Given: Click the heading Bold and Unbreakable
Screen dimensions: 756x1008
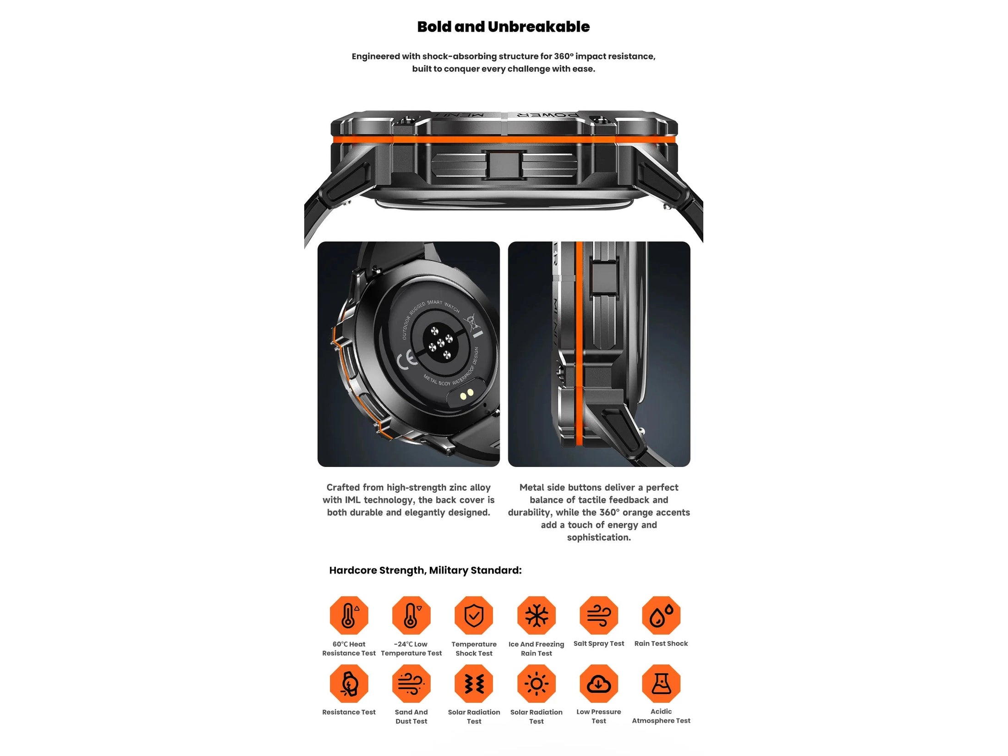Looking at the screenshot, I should click(x=503, y=27).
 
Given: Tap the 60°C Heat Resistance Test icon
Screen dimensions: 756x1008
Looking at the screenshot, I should click(x=349, y=615).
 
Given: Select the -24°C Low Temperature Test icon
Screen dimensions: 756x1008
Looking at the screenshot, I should click(x=411, y=615).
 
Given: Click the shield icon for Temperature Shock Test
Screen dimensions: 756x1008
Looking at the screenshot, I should click(x=474, y=615).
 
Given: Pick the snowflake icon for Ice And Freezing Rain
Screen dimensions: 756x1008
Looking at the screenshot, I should click(x=536, y=615).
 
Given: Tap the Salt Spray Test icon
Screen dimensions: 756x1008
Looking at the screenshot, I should click(x=598, y=615).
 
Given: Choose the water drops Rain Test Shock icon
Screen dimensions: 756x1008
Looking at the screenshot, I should click(x=661, y=615).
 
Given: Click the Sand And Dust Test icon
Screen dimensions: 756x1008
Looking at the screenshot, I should click(x=411, y=683).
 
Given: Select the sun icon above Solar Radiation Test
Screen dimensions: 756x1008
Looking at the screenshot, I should click(x=536, y=683).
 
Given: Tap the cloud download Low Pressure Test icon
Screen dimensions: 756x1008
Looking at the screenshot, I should click(x=598, y=683).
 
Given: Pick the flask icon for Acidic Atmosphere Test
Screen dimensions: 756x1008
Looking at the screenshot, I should click(x=661, y=683).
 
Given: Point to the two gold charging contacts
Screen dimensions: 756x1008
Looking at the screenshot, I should click(x=466, y=394).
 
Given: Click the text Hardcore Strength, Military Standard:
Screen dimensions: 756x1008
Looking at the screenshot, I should click(x=425, y=570).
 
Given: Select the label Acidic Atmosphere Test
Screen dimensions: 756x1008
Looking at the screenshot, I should click(x=661, y=716).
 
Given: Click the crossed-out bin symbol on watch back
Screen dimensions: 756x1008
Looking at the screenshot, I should click(x=472, y=322).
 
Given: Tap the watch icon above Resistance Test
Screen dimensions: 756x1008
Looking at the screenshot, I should click(x=349, y=683).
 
